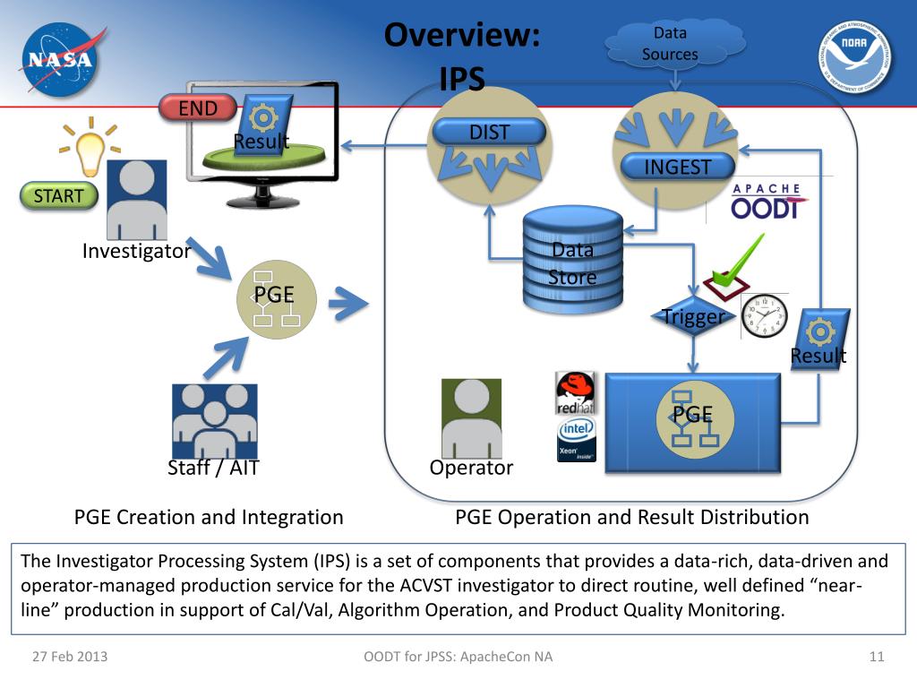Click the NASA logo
(x=61, y=59)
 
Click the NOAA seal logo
(x=854, y=56)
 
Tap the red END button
(x=198, y=107)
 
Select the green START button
(x=58, y=195)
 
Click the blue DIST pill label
(x=490, y=133)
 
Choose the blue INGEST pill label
(x=677, y=167)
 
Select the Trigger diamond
(x=693, y=316)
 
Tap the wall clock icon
(x=765, y=316)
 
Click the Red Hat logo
(x=576, y=392)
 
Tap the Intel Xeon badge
(x=577, y=439)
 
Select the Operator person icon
(x=471, y=418)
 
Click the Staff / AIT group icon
(x=215, y=421)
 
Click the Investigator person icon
(x=137, y=200)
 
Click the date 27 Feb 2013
(x=70, y=657)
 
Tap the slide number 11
(x=876, y=657)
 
